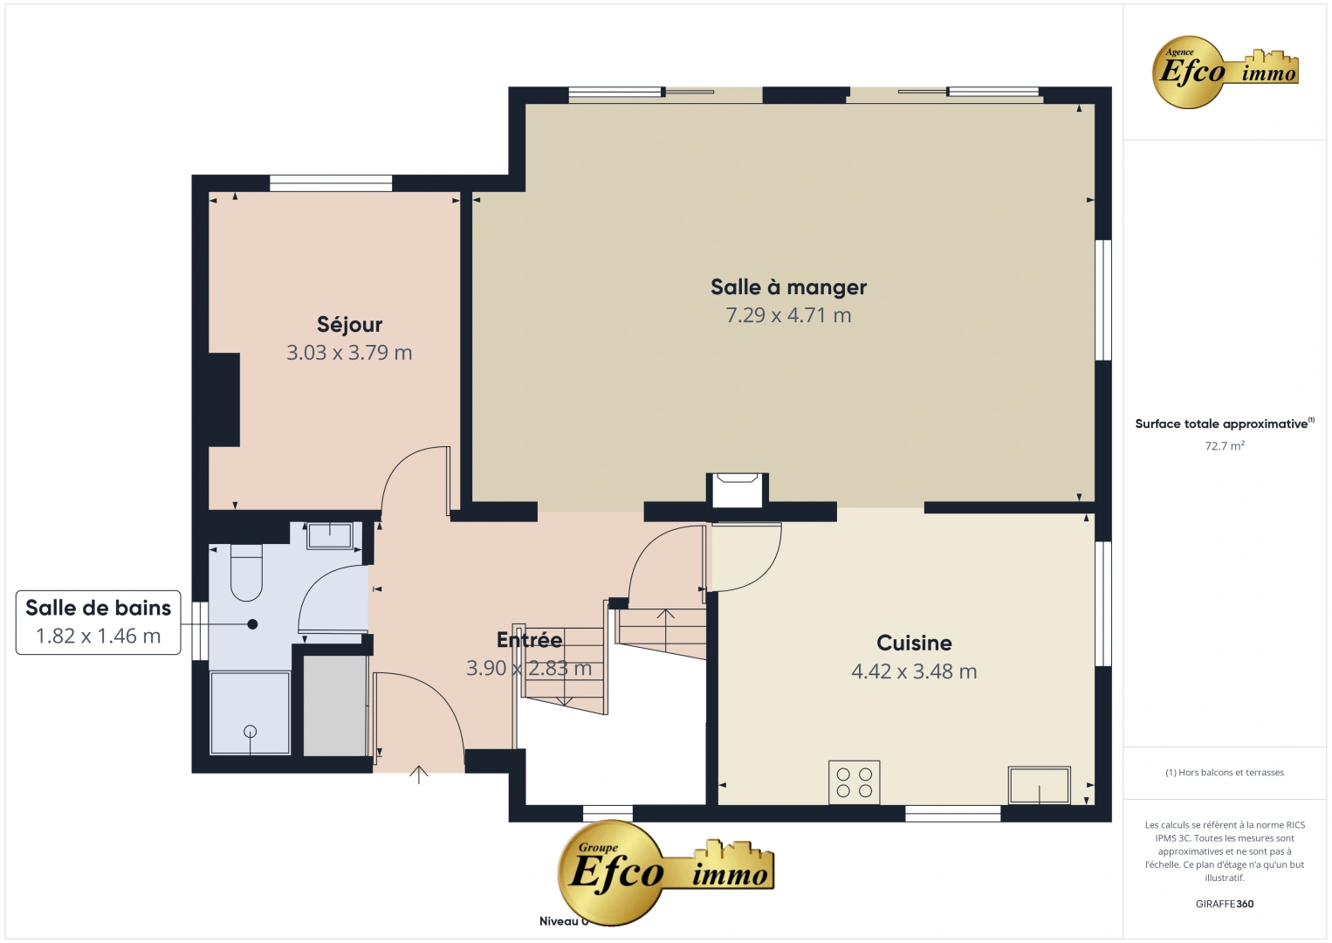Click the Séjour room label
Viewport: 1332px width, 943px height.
click(349, 325)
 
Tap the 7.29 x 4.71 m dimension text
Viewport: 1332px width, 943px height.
click(788, 315)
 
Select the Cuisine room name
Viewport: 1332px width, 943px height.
click(914, 644)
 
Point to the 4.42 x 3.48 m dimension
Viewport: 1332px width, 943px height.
click(914, 671)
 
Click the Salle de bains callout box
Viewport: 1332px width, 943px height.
click(99, 622)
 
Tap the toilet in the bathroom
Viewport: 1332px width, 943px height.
click(246, 572)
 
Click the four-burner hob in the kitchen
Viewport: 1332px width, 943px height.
click(854, 781)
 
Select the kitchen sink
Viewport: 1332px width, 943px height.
click(1039, 785)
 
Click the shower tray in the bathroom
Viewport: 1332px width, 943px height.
click(251, 713)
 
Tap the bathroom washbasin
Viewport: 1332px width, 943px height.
click(329, 535)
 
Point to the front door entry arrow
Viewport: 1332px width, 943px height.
click(419, 774)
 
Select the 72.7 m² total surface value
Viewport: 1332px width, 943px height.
click(1225, 446)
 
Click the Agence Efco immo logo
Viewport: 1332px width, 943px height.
click(1226, 72)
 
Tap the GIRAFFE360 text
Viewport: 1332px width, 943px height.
click(1225, 904)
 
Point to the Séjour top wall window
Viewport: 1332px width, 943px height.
click(331, 183)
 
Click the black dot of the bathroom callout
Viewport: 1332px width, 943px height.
click(252, 624)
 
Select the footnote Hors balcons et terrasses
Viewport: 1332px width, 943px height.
click(1225, 773)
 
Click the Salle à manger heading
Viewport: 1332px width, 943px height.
click(788, 287)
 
